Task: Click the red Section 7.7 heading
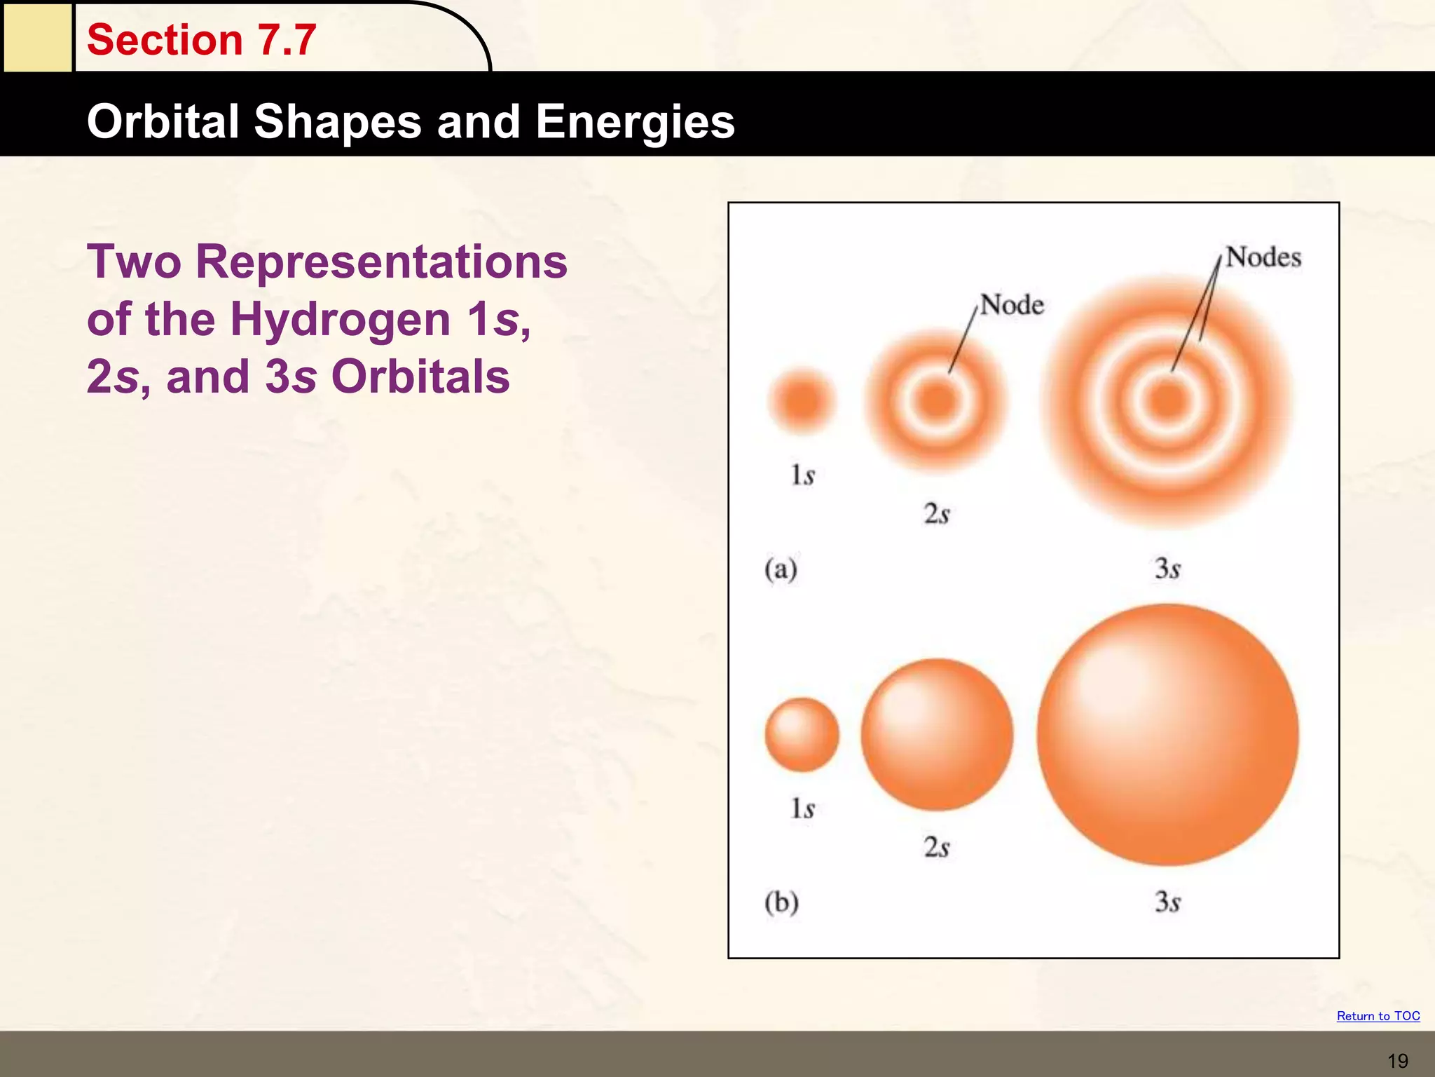tap(201, 39)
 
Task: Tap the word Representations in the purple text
tap(381, 262)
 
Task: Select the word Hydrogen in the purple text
tap(340, 319)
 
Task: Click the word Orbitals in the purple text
tap(420, 377)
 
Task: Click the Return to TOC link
tap(1378, 1016)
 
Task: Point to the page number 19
tap(1397, 1061)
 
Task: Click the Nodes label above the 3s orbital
tap(1263, 257)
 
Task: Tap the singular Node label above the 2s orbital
tap(1011, 305)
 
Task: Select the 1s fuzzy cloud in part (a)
tap(802, 401)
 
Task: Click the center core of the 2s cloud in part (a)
tap(937, 400)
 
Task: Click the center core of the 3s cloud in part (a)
tap(1167, 401)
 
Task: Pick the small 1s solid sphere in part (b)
tap(802, 735)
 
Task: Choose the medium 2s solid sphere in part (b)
tap(937, 735)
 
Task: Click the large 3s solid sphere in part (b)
tap(1167, 735)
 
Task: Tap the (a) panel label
tap(781, 569)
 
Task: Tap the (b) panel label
tap(781, 902)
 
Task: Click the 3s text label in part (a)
tap(1167, 569)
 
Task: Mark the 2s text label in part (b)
tap(937, 848)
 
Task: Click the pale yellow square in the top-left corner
tap(37, 36)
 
